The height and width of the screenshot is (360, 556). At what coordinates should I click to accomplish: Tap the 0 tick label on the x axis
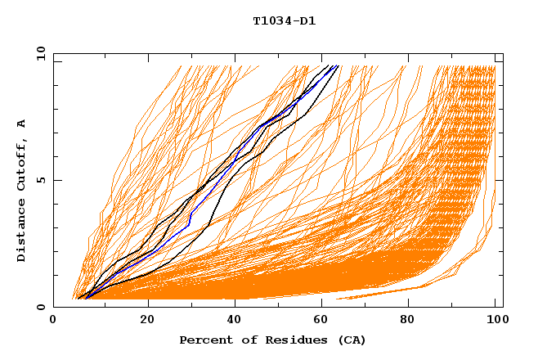(54, 320)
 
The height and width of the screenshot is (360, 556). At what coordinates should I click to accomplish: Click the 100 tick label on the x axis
(495, 320)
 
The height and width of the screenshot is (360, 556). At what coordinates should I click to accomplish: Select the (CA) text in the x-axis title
(350, 340)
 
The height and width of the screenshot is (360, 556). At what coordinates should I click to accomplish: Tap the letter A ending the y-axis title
(22, 123)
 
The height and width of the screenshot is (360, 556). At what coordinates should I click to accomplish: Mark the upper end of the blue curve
(335, 66)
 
